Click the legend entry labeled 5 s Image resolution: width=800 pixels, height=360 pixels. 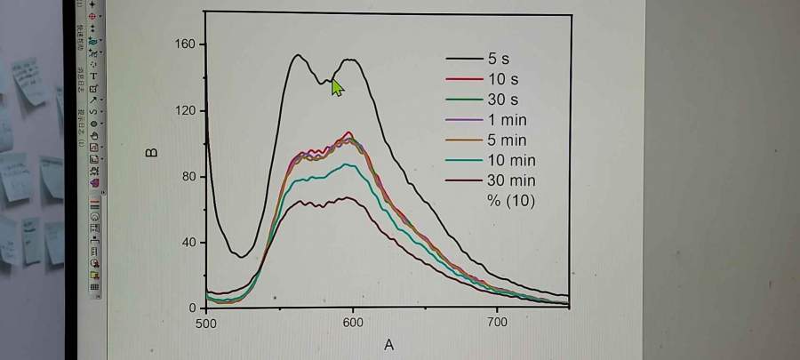498,59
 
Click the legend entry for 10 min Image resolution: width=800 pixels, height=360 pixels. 510,161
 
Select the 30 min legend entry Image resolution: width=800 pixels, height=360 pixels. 510,181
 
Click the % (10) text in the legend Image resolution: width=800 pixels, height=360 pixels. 510,201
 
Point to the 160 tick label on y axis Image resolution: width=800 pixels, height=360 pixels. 185,44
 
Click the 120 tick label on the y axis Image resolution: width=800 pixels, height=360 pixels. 185,110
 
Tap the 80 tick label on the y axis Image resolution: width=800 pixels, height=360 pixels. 188,176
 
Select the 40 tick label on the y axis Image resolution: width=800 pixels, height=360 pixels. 188,242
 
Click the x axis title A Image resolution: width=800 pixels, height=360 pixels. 388,345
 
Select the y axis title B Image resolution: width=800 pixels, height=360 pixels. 152,152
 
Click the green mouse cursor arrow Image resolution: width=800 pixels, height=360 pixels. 337,87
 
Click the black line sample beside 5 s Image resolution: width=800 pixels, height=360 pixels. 464,59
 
